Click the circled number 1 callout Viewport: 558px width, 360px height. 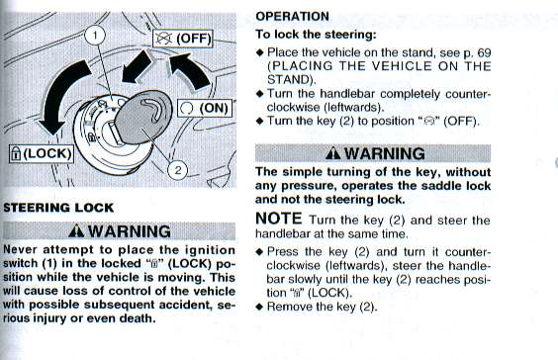pos(95,36)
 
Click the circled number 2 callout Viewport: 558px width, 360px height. pos(177,170)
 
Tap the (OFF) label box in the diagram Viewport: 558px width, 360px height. pos(183,39)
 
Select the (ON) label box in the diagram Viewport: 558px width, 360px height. pos(204,108)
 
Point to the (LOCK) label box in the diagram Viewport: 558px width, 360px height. pos(42,153)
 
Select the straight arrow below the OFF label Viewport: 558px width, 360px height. pos(136,67)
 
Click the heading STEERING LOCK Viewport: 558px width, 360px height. pos(58,208)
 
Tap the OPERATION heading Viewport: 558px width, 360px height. pos(292,17)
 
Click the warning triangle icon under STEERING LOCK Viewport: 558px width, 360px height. pos(76,231)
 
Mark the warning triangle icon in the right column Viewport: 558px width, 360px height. pos(333,153)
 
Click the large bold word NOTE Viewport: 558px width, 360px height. pos(279,219)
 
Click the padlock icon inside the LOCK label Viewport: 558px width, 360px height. pos(16,153)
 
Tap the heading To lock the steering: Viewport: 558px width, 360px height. pos(316,35)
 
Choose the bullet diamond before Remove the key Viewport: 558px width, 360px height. pos(260,307)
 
